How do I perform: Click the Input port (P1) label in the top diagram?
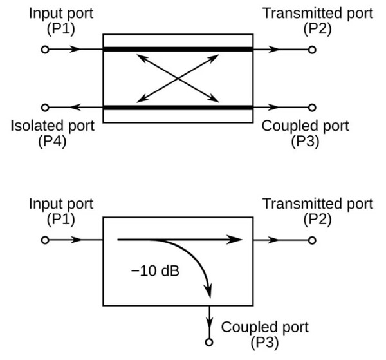[x=61, y=21]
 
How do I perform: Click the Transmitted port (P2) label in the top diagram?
[x=317, y=21]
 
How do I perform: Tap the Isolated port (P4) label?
[x=52, y=132]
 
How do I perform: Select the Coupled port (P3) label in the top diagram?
[x=306, y=132]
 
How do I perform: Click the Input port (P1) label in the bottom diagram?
[x=61, y=211]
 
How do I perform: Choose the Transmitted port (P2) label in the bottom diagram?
[x=317, y=211]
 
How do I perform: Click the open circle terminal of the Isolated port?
[x=44, y=108]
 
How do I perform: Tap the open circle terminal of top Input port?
[x=44, y=49]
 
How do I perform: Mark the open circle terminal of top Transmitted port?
[x=313, y=49]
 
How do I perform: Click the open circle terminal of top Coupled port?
[x=313, y=108]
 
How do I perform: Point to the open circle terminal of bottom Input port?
[x=44, y=240]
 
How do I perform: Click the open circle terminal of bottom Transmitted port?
[x=313, y=240]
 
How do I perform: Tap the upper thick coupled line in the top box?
[x=177, y=49]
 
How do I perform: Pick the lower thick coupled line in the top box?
[x=177, y=108]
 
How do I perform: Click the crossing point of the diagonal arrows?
[x=177, y=78]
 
